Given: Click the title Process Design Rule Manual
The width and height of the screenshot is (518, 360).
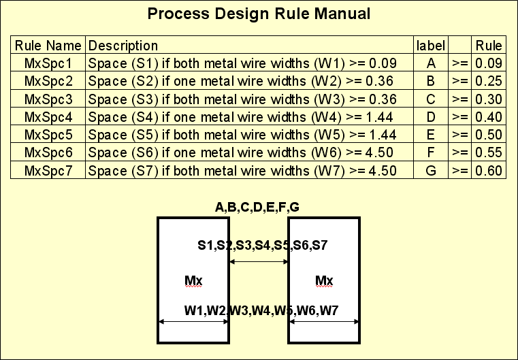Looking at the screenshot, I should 259,14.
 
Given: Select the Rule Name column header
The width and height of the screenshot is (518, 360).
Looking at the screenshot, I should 48,46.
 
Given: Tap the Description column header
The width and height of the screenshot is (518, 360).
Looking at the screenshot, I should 123,46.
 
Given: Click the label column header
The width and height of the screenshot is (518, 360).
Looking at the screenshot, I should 430,46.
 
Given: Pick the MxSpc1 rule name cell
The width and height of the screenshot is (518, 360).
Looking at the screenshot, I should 48,63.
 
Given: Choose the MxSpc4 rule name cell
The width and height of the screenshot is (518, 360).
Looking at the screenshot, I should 48,116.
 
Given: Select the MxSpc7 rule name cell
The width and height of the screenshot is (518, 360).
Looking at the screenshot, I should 48,169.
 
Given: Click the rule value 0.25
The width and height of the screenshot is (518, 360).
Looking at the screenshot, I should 489,81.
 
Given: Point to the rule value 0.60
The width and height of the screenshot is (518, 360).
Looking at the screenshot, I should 489,169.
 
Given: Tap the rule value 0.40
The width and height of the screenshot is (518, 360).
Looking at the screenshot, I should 489,116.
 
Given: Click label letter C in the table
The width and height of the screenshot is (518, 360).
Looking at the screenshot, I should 430,99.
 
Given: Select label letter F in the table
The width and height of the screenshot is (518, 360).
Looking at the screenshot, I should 430,152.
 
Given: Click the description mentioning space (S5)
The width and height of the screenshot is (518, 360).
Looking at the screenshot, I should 242,134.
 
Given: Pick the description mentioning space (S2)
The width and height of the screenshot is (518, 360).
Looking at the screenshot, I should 242,81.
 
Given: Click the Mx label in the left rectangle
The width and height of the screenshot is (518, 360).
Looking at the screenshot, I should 193,280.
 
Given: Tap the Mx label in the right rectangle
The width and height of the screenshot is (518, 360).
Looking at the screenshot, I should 324,280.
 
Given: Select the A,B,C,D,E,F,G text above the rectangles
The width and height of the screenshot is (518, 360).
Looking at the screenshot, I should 257,208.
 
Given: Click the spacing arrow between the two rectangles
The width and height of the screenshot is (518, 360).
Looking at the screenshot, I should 259,261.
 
